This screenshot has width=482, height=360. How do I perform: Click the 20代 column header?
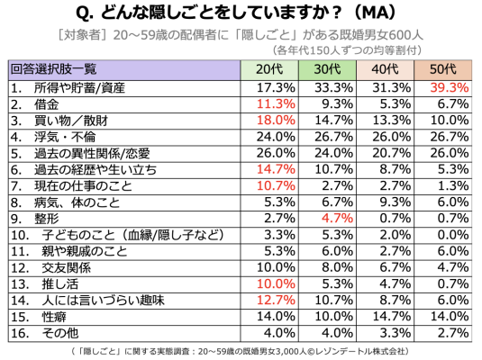(x=269, y=69)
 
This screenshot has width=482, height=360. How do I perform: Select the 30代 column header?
(x=327, y=69)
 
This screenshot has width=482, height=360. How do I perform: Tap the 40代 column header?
(x=385, y=69)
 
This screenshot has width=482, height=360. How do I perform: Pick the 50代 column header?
(x=443, y=69)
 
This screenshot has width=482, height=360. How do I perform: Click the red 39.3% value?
(x=450, y=88)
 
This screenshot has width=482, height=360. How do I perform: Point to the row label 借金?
(x=47, y=104)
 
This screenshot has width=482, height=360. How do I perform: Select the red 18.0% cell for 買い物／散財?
(x=276, y=121)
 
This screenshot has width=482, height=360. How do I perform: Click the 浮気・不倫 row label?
(x=65, y=137)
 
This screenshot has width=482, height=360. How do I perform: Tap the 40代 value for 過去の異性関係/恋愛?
(x=392, y=153)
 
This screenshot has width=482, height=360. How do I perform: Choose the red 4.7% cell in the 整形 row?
(x=337, y=219)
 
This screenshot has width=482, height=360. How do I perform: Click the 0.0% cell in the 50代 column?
(x=453, y=235)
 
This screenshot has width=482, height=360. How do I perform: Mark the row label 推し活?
(x=60, y=284)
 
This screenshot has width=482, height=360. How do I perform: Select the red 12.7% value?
(x=276, y=300)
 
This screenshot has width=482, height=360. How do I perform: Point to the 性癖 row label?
(x=54, y=317)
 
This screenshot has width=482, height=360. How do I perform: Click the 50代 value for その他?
(x=453, y=333)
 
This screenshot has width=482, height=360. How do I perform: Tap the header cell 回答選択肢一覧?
(x=53, y=69)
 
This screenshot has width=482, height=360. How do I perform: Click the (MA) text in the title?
(x=376, y=13)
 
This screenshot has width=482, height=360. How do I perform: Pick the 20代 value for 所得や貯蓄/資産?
(x=276, y=88)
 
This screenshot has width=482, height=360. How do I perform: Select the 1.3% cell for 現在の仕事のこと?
(x=453, y=185)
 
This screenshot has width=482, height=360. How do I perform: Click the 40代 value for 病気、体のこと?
(x=395, y=202)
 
